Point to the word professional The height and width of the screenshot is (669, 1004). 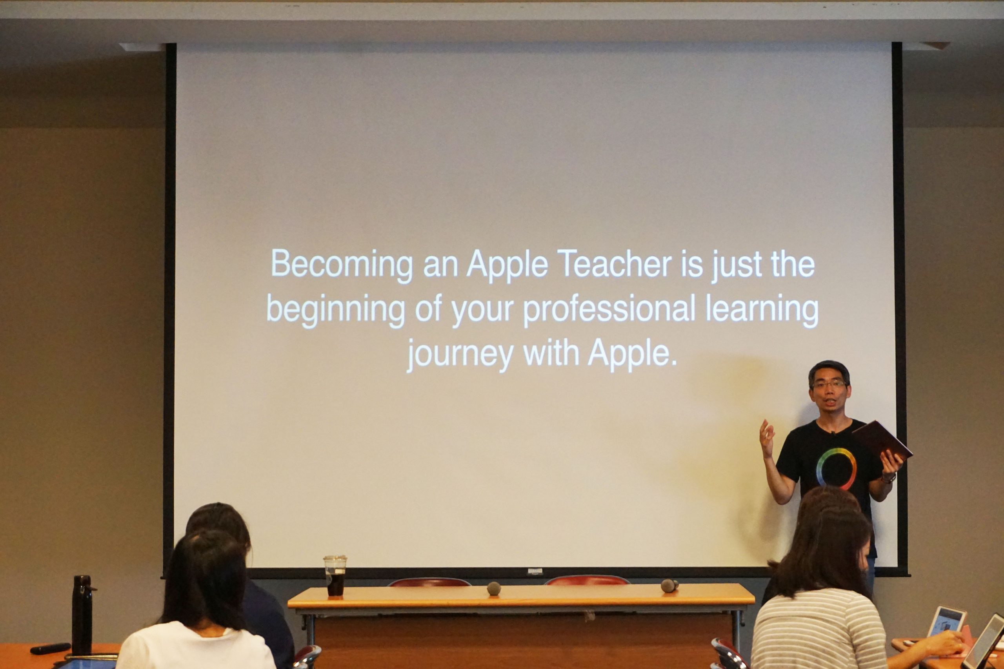click(609, 310)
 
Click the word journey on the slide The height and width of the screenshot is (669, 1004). click(460, 355)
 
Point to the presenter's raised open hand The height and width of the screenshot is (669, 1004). click(767, 438)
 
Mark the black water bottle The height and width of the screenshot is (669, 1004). click(82, 615)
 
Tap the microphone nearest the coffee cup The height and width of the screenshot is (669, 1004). click(493, 588)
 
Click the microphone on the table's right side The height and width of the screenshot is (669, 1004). click(669, 586)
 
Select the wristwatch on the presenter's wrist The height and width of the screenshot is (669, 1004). click(889, 477)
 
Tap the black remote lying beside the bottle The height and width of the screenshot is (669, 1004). click(50, 648)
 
